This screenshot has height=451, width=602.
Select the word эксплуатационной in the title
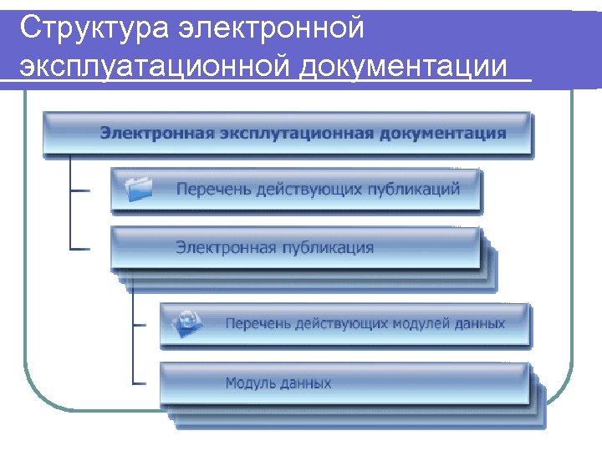[x=151, y=68]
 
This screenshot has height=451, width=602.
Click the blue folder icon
[x=139, y=189]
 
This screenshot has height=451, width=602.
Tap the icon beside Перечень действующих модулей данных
[x=188, y=322]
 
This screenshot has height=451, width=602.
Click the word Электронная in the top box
[x=155, y=132]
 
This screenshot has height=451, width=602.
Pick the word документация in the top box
[x=445, y=132]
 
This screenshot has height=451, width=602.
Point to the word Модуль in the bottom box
[x=248, y=383]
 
